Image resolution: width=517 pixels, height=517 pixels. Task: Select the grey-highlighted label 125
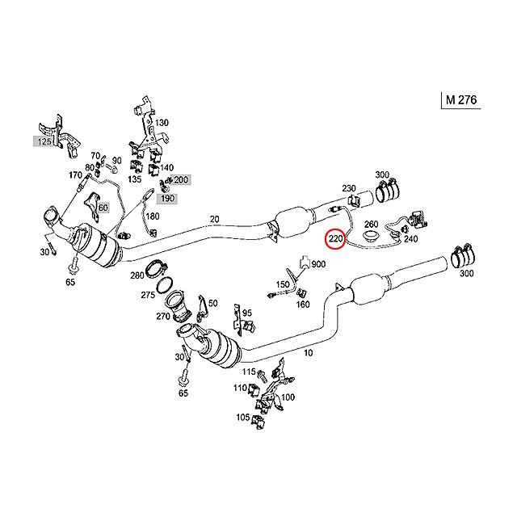coord(43,141)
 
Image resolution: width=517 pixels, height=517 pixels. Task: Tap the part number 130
coord(162,122)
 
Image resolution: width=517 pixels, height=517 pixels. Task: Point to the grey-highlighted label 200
coord(181,179)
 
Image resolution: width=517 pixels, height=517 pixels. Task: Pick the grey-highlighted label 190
coord(166,198)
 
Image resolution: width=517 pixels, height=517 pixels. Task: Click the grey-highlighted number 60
coord(102,208)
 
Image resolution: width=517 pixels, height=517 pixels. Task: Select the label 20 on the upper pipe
coord(214,219)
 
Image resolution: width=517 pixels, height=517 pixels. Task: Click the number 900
coord(318,264)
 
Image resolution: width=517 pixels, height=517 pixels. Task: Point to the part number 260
coord(372,225)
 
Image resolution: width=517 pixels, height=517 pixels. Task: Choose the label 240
coord(410,239)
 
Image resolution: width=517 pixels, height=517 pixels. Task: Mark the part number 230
coord(349,188)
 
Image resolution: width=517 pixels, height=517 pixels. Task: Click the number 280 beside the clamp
coord(138,275)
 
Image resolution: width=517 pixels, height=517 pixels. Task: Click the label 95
coord(246,313)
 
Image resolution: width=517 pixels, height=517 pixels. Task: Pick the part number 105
coord(242,418)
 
